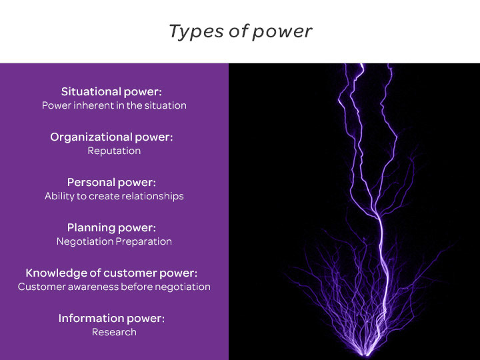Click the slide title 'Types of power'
pos(240,31)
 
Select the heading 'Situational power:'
pos(111,92)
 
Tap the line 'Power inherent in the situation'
pos(114,105)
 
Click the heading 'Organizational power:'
pos(111,137)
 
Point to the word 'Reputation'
pos(114,151)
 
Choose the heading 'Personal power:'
pos(111,183)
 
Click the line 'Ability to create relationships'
pos(114,196)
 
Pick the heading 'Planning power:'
pos(111,228)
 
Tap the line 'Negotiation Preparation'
pos(114,241)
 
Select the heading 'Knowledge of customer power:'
pos(111,273)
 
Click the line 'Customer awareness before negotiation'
pos(114,287)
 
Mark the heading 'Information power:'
pos(111,319)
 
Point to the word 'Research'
pos(114,332)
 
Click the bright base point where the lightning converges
pos(367,355)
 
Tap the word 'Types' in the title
pos(196,32)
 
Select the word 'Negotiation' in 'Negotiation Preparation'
pos(85,241)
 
